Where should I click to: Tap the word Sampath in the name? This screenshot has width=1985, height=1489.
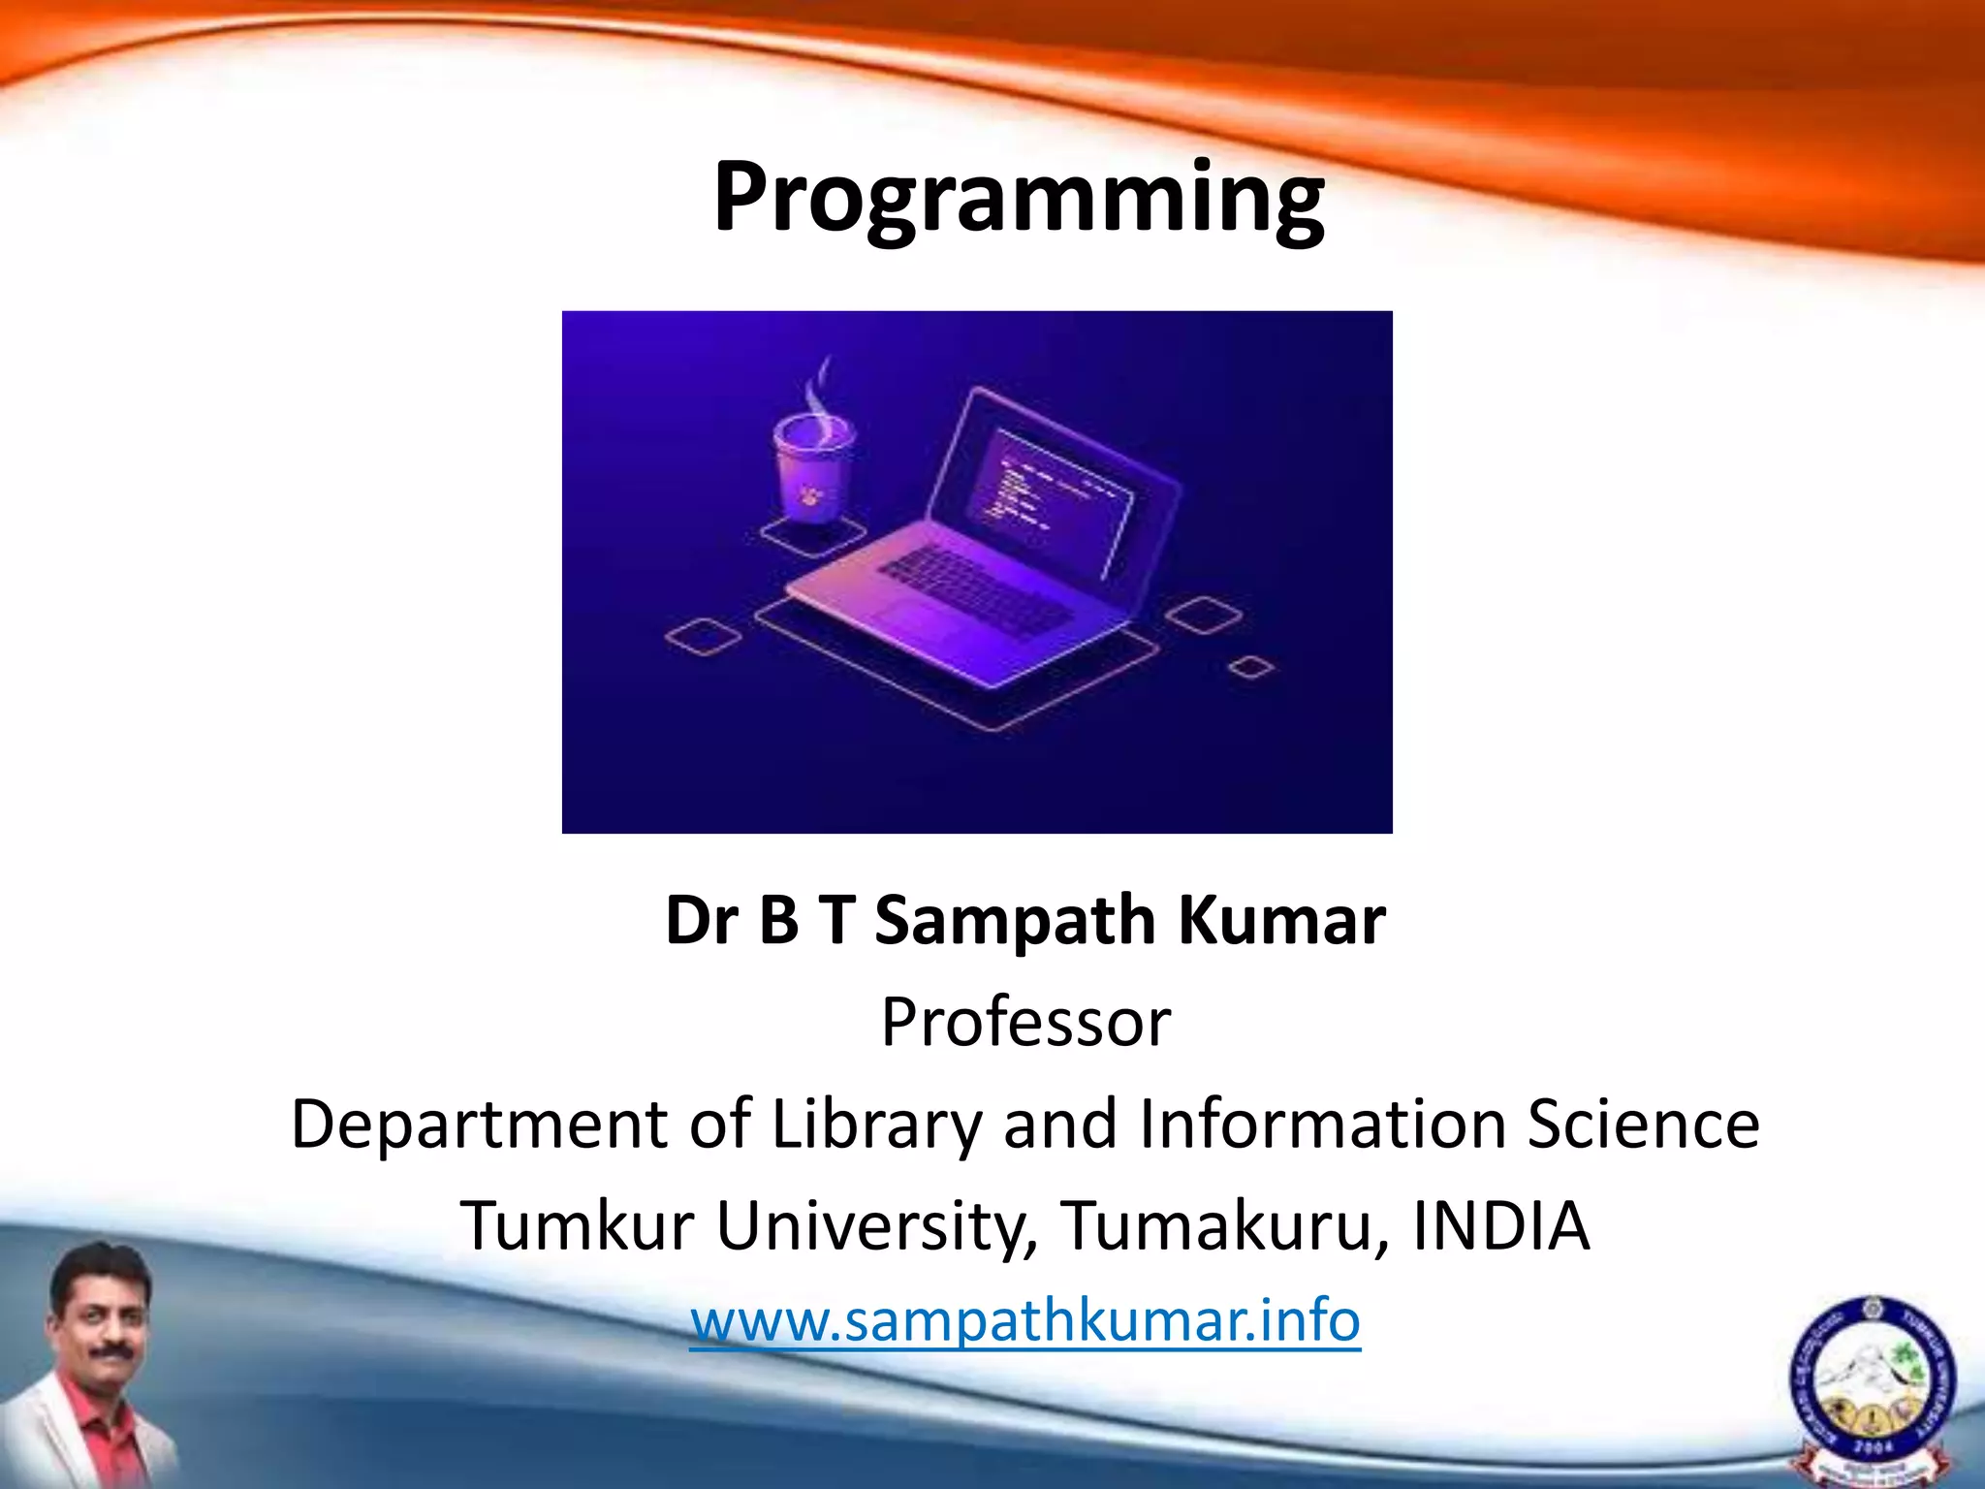1015,921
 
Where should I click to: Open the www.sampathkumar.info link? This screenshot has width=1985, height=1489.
1025,1320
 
